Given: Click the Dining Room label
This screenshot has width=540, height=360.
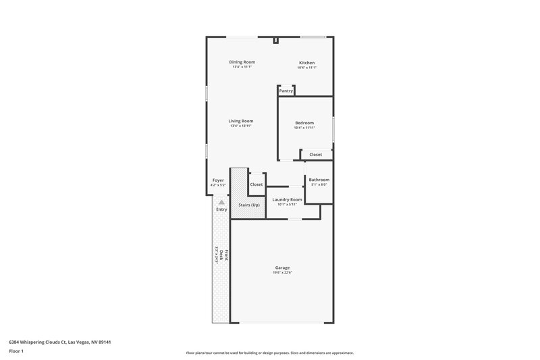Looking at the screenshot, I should pyautogui.click(x=242, y=62).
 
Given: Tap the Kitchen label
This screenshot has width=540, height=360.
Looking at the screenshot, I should pyautogui.click(x=307, y=63).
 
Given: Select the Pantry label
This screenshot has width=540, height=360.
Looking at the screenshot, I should pyautogui.click(x=286, y=91).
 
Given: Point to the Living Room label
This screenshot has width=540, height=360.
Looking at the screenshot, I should pyautogui.click(x=241, y=121).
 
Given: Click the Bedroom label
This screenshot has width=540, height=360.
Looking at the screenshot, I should pyautogui.click(x=304, y=123).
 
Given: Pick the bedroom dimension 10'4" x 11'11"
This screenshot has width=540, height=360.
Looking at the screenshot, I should pyautogui.click(x=304, y=128).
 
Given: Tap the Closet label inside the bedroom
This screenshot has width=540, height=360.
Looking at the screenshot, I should pyautogui.click(x=316, y=155).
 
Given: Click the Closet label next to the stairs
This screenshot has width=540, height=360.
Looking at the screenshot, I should pyautogui.click(x=256, y=184).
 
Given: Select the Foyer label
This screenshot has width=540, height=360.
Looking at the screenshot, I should pyautogui.click(x=218, y=180).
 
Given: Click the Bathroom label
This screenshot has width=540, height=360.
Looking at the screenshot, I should pyautogui.click(x=319, y=180).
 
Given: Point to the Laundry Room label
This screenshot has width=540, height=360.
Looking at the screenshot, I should pyautogui.click(x=287, y=199).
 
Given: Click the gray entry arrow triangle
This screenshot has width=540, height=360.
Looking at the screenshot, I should pyautogui.click(x=221, y=201).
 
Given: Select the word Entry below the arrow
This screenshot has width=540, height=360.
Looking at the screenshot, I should pyautogui.click(x=221, y=209).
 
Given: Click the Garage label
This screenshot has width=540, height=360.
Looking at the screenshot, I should pyautogui.click(x=282, y=267).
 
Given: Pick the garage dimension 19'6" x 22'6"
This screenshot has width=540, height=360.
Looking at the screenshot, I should pyautogui.click(x=282, y=272).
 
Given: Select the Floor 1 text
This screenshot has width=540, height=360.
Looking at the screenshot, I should pyautogui.click(x=17, y=351).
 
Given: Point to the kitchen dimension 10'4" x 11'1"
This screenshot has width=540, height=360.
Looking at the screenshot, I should pyautogui.click(x=307, y=68).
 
